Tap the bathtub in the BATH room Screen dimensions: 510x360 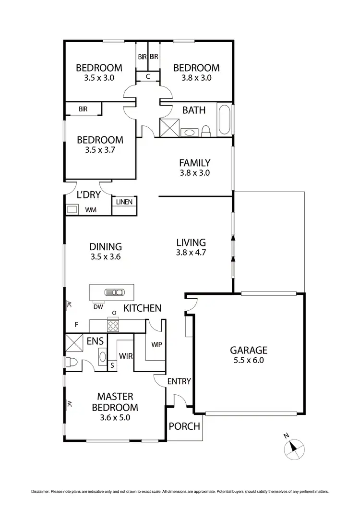tap(224, 120)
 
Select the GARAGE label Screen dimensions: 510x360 tap(248, 350)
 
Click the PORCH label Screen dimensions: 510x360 tap(185, 426)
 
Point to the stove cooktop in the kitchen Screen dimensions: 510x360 tap(113, 326)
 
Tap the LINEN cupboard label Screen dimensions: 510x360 tap(124, 202)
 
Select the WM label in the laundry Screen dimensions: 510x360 tap(90, 210)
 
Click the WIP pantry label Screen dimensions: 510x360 tap(156, 344)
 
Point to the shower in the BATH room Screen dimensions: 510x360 tap(169, 127)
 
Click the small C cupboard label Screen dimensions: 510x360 tap(148, 76)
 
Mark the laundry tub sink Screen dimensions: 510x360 tap(72, 209)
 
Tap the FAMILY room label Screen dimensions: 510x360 tap(194, 163)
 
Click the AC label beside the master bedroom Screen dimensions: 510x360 tap(69, 404)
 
